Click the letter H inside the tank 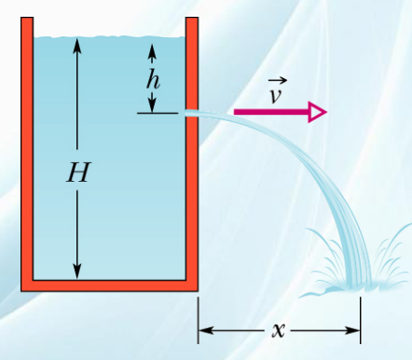[x=78, y=172]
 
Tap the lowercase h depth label [x=153, y=79]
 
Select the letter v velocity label [x=276, y=96]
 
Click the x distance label [x=279, y=330]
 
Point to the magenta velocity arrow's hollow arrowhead [x=317, y=112]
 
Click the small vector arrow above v [x=278, y=81]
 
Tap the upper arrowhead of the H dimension [x=77, y=45]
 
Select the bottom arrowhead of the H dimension [x=77, y=271]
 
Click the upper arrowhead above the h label [x=152, y=51]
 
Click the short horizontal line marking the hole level [x=158, y=113]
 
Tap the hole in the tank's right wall [x=192, y=113]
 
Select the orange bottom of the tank [x=109, y=286]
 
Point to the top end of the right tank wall [x=192, y=18]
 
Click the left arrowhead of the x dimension [x=206, y=330]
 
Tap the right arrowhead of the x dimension [x=352, y=330]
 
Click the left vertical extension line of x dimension [x=199, y=320]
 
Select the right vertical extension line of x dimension [x=361, y=320]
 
